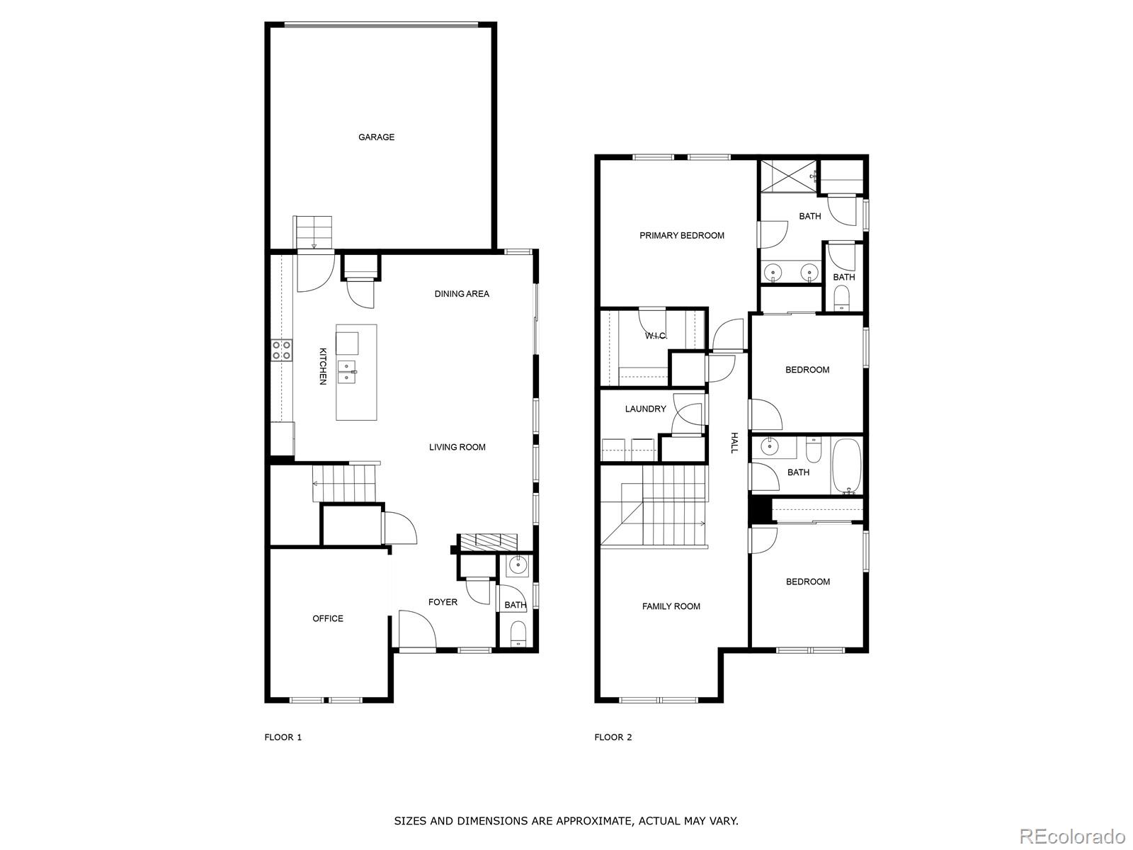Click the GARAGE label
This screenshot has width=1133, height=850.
click(x=376, y=137)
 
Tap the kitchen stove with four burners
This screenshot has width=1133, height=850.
click(x=282, y=350)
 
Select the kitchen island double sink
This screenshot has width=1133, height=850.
click(x=347, y=371)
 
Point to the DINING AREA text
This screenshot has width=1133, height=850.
click(x=462, y=294)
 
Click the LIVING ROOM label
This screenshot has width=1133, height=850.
click(x=457, y=447)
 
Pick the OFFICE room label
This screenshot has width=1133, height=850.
click(x=328, y=618)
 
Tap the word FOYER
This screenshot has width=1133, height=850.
click(x=443, y=602)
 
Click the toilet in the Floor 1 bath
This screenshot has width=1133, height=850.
click(x=518, y=633)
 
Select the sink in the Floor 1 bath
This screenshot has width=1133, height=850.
click(x=518, y=565)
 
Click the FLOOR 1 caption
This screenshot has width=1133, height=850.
click(x=283, y=737)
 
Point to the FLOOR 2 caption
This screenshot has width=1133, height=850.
click(x=613, y=737)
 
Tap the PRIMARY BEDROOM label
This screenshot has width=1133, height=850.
click(x=682, y=236)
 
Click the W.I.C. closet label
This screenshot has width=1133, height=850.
click(x=656, y=336)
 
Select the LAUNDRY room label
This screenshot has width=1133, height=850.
click(x=645, y=409)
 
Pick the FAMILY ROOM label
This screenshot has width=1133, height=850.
click(x=671, y=606)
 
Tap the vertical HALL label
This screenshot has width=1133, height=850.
click(x=734, y=443)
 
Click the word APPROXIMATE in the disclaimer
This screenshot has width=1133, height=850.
click(x=593, y=821)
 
